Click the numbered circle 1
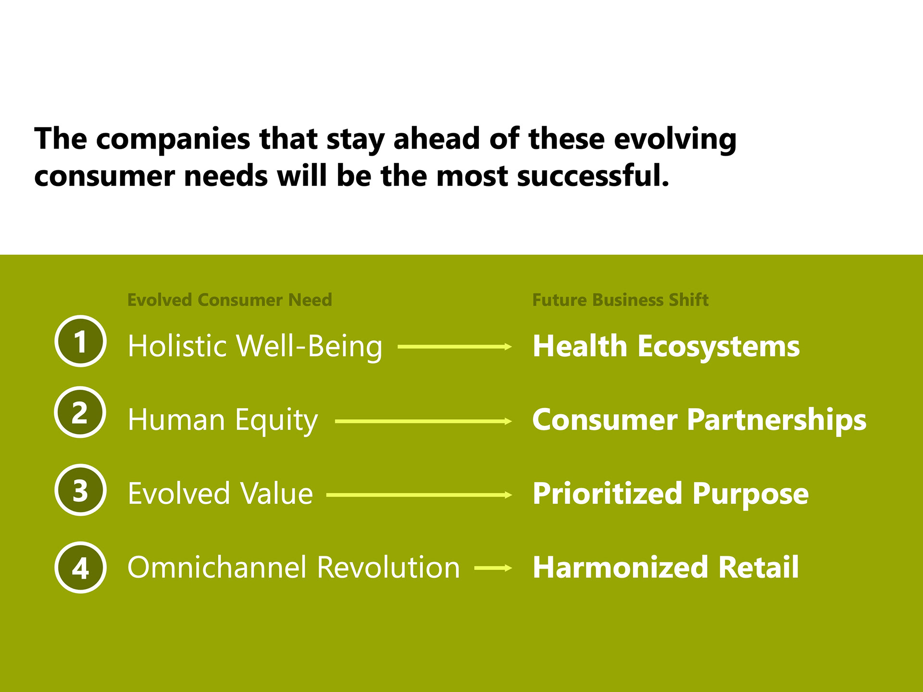click(x=80, y=341)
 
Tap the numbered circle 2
click(x=80, y=412)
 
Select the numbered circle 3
click(x=80, y=490)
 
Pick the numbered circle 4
click(x=80, y=568)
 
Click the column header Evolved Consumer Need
click(x=230, y=300)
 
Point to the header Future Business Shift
click(x=620, y=300)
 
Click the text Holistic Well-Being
click(x=255, y=346)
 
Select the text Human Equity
click(x=223, y=420)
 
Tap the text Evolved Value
click(x=221, y=494)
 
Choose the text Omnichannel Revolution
click(x=294, y=567)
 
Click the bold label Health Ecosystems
click(x=666, y=346)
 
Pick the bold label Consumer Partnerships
click(x=699, y=420)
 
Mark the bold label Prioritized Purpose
click(x=671, y=494)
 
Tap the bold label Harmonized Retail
click(x=666, y=567)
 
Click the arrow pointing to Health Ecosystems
click(x=455, y=346)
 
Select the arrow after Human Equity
click(x=424, y=421)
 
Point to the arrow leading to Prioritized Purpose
click(x=419, y=494)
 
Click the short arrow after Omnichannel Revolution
click(x=493, y=568)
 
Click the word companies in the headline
click(x=173, y=140)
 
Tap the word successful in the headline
click(x=593, y=176)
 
